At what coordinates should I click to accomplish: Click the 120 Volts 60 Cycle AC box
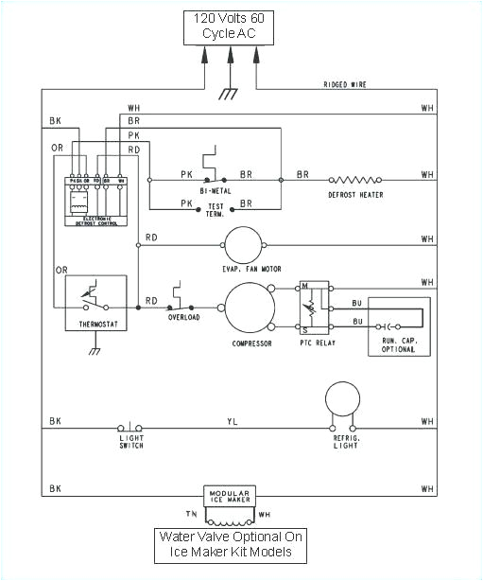[x=230, y=27]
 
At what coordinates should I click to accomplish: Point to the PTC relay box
[x=315, y=307]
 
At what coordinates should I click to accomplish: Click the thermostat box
[x=92, y=303]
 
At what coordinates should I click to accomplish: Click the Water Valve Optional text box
[x=231, y=545]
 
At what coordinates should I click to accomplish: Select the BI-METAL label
[x=216, y=191]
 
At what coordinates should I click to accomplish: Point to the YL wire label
[x=231, y=421]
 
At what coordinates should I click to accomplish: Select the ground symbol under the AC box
[x=227, y=93]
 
